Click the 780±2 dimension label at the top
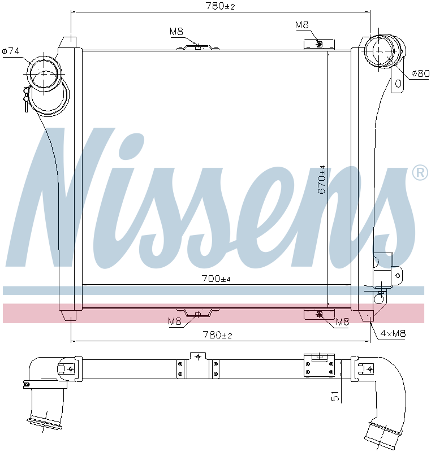[x=219, y=6]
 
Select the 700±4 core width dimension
[x=217, y=279]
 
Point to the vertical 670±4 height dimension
[x=322, y=180]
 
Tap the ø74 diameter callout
[x=11, y=51]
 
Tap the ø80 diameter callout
[x=420, y=73]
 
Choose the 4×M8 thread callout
[x=393, y=333]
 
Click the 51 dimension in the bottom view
[x=335, y=397]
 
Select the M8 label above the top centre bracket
[x=176, y=32]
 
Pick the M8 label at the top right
[x=301, y=24]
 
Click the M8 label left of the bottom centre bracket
[x=175, y=321]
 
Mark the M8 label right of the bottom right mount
[x=342, y=322]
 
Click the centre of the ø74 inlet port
[x=45, y=73]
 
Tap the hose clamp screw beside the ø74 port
[x=25, y=99]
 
